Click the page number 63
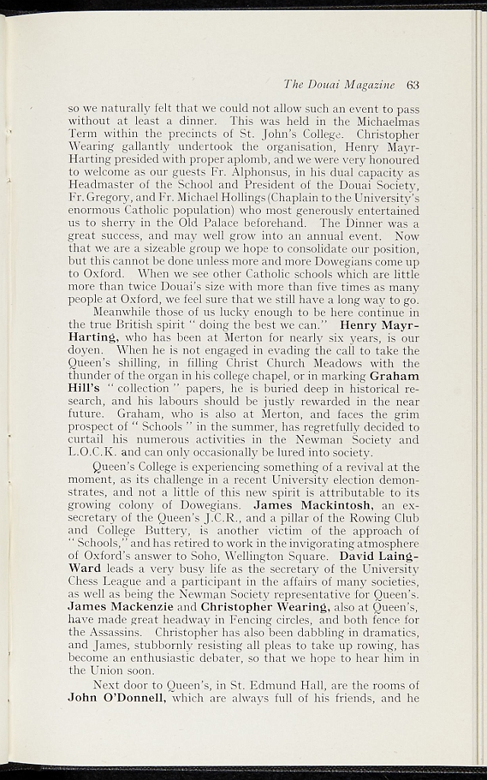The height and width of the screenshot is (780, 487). pos(413,85)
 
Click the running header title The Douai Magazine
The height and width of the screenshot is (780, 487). pos(339,85)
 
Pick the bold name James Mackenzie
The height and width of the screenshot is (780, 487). pos(120,606)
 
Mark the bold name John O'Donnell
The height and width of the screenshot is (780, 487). pos(117,696)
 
